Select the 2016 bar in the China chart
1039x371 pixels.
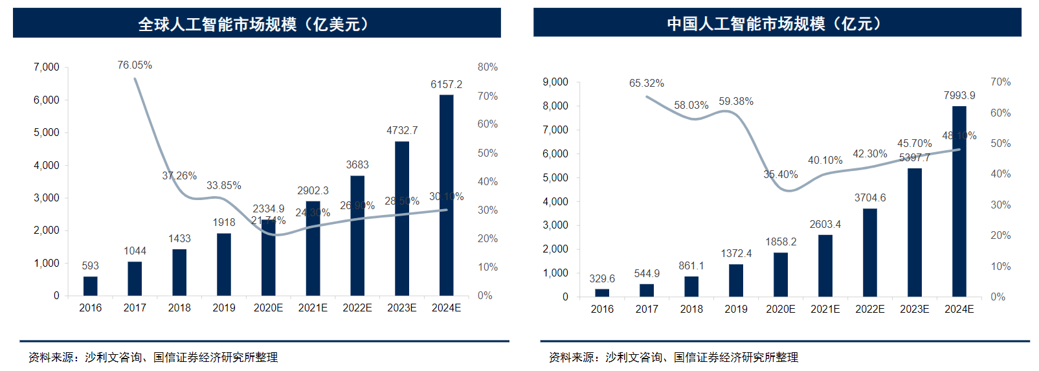602,293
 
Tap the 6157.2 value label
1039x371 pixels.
446,85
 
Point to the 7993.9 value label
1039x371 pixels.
959,96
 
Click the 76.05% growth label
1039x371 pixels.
135,65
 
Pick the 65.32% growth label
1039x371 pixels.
646,84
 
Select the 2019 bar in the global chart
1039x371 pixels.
224,264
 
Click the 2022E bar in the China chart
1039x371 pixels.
869,253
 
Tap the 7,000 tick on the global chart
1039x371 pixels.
47,67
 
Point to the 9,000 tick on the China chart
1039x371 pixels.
555,82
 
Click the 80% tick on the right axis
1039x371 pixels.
487,67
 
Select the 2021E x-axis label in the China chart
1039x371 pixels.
825,309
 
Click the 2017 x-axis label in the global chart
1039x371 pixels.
135,308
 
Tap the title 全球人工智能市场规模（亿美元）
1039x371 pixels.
256,25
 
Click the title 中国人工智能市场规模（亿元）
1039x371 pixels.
777,24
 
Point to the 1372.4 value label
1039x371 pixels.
736,254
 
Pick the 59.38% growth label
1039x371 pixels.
735,102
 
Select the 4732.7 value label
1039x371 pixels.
402,131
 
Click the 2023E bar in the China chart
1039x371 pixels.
914,232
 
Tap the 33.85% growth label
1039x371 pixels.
224,186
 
